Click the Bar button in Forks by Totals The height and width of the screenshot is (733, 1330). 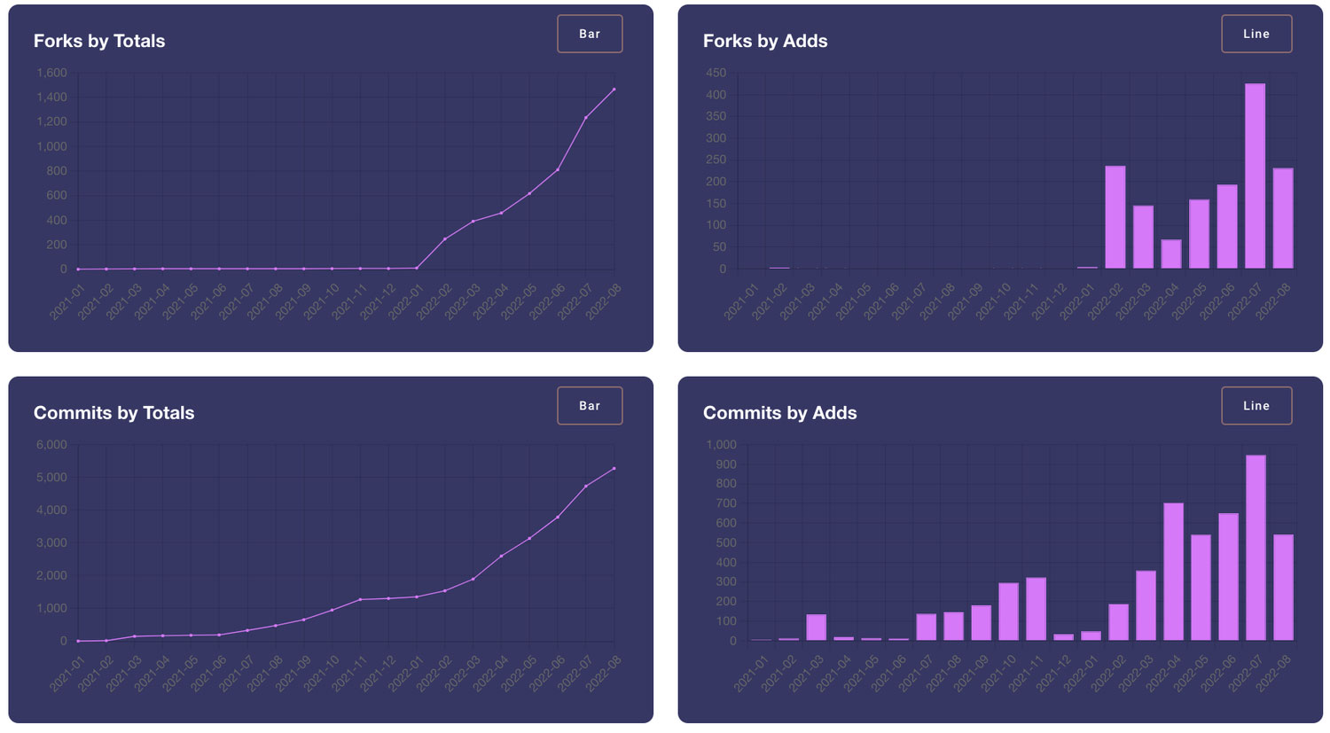pyautogui.click(x=590, y=34)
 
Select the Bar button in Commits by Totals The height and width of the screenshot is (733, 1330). pyautogui.click(x=590, y=406)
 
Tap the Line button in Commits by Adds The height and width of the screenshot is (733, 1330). pyautogui.click(x=1256, y=406)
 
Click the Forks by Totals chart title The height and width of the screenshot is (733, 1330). pyautogui.click(x=99, y=41)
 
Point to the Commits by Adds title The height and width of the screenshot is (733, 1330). pyautogui.click(x=779, y=413)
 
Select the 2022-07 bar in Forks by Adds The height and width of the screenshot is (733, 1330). pyautogui.click(x=1255, y=176)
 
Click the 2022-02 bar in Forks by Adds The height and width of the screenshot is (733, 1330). pyautogui.click(x=1115, y=217)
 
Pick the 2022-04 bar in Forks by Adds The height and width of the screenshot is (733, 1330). pyautogui.click(x=1171, y=254)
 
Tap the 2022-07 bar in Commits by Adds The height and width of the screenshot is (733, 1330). pyautogui.click(x=1256, y=548)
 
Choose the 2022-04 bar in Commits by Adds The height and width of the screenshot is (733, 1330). pyautogui.click(x=1173, y=572)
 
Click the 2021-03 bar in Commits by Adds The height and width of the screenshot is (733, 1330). pyautogui.click(x=816, y=628)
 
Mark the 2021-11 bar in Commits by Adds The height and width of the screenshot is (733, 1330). pyautogui.click(x=1036, y=609)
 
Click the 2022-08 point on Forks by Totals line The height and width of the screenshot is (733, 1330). pyautogui.click(x=614, y=90)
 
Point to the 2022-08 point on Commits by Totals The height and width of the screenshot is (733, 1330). pyautogui.click(x=614, y=469)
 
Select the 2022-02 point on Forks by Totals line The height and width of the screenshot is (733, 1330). pyautogui.click(x=444, y=239)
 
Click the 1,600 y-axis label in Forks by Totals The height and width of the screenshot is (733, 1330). pyautogui.click(x=51, y=73)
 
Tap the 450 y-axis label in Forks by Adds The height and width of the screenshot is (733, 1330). pyautogui.click(x=716, y=73)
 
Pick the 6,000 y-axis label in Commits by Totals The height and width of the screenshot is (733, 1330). pyautogui.click(x=51, y=445)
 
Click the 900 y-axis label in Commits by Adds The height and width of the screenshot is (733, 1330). pyautogui.click(x=726, y=464)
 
